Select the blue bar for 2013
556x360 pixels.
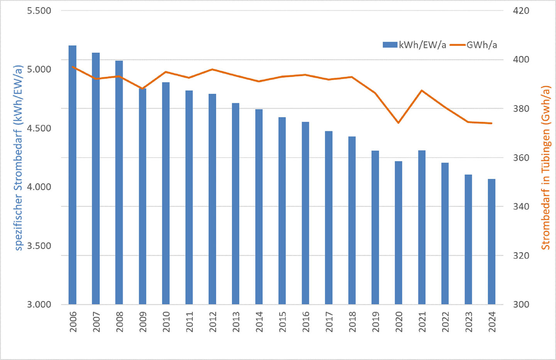pyautogui.click(x=236, y=204)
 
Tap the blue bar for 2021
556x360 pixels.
pyautogui.click(x=422, y=227)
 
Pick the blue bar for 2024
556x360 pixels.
pyautogui.click(x=492, y=241)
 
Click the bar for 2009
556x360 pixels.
pyautogui.click(x=142, y=196)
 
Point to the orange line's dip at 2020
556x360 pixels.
pyautogui.click(x=398, y=123)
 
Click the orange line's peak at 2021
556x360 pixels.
pyautogui.click(x=422, y=90)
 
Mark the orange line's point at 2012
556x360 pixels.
pyautogui.click(x=212, y=70)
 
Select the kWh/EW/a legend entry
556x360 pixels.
pyautogui.click(x=414, y=45)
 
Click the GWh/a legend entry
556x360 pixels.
pyautogui.click(x=474, y=45)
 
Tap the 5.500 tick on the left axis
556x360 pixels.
pyautogui.click(x=39, y=11)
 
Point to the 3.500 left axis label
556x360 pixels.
pyautogui.click(x=39, y=246)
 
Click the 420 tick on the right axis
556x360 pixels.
pyautogui.click(x=521, y=11)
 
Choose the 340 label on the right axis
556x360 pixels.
pyautogui.click(x=521, y=207)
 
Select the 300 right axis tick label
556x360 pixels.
pyautogui.click(x=521, y=304)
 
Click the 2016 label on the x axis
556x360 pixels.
pyautogui.click(x=305, y=322)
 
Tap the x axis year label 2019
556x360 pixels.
pyautogui.click(x=375, y=322)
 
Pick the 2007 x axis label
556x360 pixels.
pyautogui.click(x=96, y=322)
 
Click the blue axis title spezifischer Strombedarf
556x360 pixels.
pyautogui.click(x=19, y=158)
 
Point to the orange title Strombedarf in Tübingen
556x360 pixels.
pyautogui.click(x=545, y=168)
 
